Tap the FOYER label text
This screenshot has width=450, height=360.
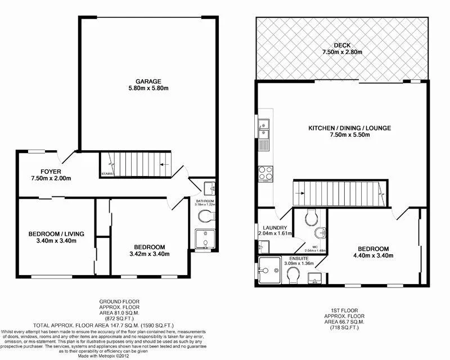(43, 172)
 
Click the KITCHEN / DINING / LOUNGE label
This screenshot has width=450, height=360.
(349, 128)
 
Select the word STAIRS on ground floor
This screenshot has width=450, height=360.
(108, 174)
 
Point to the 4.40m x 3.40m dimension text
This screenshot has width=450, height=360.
(372, 256)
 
